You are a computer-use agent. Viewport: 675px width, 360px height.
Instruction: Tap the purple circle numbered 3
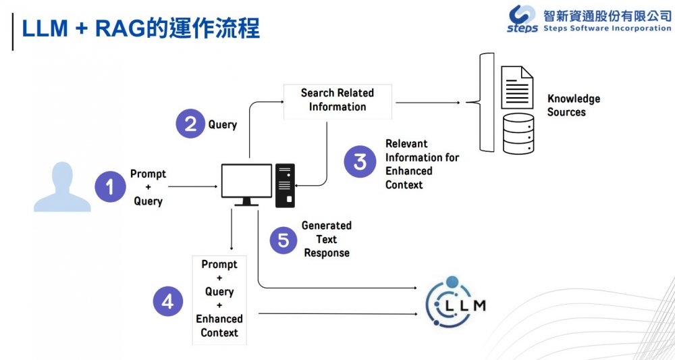(360, 162)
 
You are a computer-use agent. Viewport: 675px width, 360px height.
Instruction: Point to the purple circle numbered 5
(283, 240)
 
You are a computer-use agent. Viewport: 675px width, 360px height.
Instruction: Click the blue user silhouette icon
(63, 187)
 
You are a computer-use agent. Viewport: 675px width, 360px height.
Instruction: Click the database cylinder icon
(518, 133)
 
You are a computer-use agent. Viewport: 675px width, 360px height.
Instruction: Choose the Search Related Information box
(337, 100)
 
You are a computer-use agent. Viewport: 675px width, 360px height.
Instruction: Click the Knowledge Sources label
(573, 105)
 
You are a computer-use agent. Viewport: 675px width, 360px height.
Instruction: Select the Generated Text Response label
(327, 239)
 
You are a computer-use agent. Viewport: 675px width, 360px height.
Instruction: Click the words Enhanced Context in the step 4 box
(219, 326)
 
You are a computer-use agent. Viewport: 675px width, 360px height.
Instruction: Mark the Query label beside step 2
(223, 124)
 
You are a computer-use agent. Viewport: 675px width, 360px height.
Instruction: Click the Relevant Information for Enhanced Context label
(422, 164)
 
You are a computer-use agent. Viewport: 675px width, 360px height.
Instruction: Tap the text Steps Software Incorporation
(607, 29)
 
